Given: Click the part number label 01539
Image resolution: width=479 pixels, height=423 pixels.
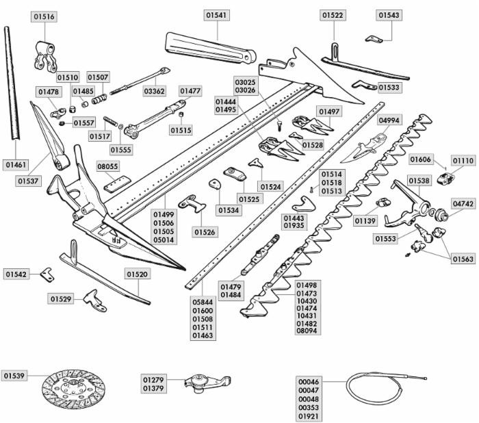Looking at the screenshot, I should [x=14, y=376].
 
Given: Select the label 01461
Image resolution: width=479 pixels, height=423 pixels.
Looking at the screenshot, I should [x=16, y=165].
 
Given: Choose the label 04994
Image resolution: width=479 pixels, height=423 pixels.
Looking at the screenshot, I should [x=389, y=120].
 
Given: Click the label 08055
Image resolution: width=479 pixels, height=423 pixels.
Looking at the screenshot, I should [x=107, y=166].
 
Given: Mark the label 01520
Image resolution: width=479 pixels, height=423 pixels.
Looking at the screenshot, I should [x=137, y=274].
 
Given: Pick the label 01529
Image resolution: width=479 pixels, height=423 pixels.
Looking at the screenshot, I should [x=61, y=299].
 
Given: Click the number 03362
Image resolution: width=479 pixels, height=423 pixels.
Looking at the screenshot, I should [x=154, y=90].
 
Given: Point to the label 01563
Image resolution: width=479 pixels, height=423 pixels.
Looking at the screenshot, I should [x=463, y=259].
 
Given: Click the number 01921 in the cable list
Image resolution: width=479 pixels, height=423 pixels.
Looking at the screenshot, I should [x=309, y=416].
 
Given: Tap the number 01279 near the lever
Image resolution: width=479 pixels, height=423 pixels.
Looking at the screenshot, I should [x=153, y=379].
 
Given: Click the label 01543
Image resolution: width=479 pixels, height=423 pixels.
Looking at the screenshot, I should [x=388, y=15].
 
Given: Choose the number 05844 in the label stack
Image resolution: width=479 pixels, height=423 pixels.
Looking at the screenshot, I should [x=202, y=300].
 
